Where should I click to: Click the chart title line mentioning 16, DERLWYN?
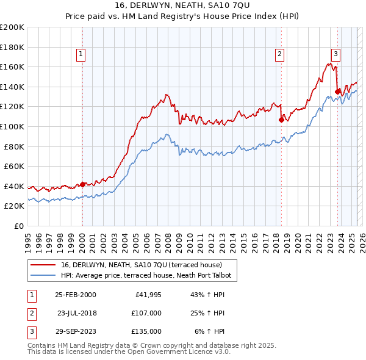(182, 7)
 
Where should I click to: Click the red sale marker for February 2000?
(83, 184)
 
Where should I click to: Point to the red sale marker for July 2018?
(281, 120)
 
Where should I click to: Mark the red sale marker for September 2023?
(337, 92)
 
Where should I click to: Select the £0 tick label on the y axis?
(18, 226)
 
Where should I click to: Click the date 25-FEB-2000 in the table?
(76, 295)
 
